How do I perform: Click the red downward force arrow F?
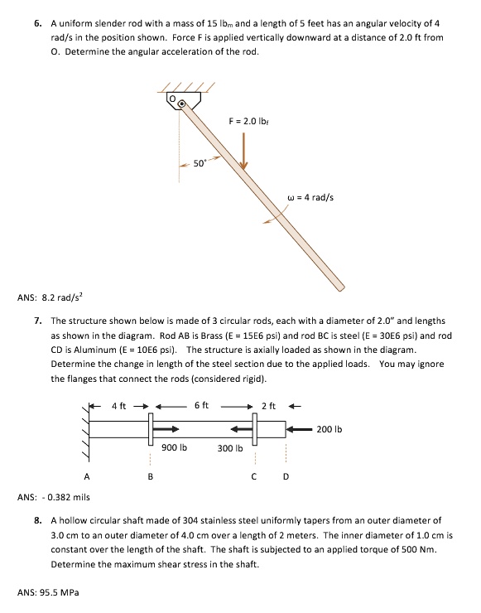click(x=244, y=149)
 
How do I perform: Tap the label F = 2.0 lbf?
click(x=248, y=122)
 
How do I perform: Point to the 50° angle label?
click(x=200, y=163)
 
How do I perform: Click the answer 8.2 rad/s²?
click(x=55, y=296)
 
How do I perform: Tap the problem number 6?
click(x=38, y=25)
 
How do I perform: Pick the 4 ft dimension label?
click(x=119, y=406)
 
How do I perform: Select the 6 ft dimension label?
click(x=201, y=406)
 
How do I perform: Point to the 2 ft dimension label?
click(x=267, y=406)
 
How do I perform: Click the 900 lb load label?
click(x=175, y=447)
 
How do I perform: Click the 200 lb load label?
click(x=329, y=429)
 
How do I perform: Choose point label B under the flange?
click(x=150, y=475)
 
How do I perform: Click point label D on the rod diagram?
click(x=286, y=475)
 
